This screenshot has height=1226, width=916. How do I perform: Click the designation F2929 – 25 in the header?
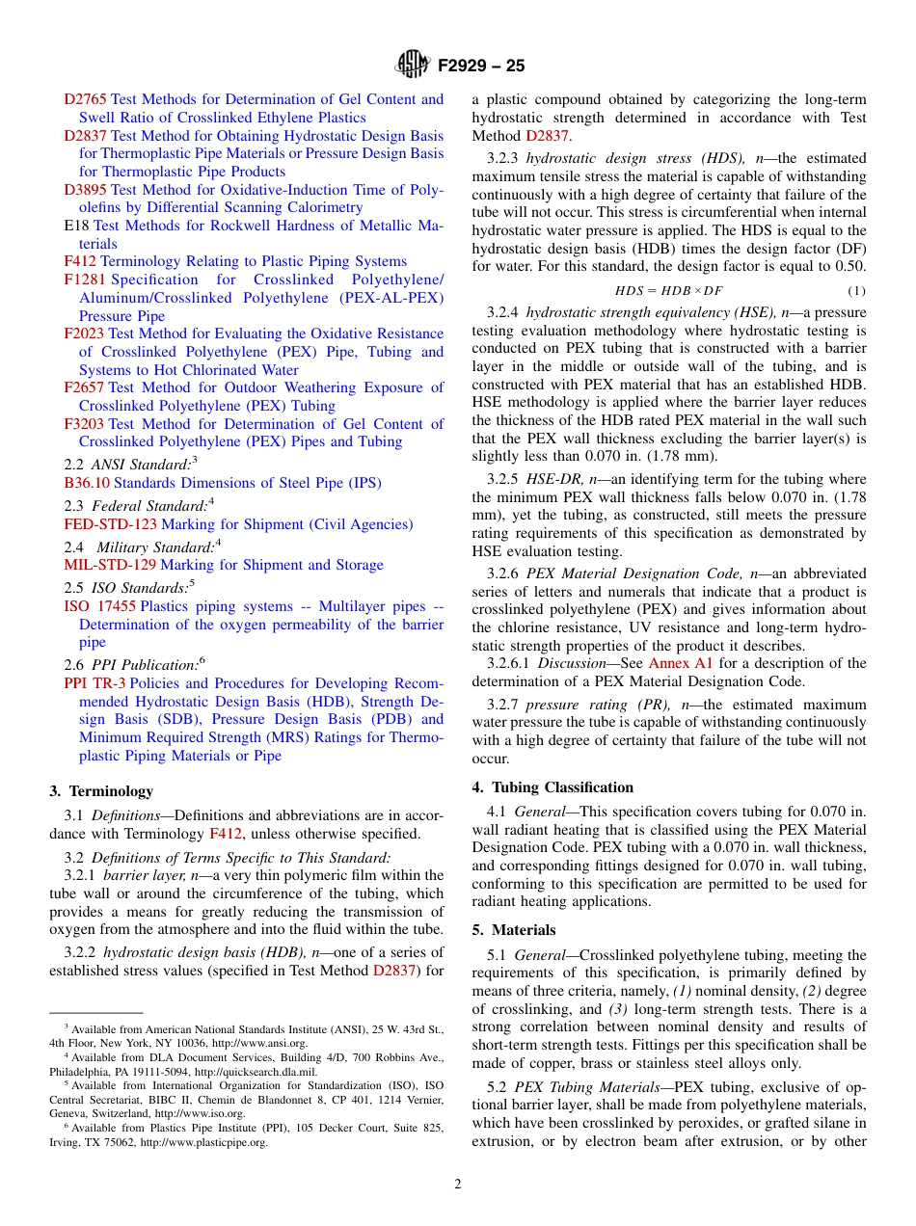click(x=481, y=67)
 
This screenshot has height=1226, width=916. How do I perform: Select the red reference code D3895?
click(x=86, y=190)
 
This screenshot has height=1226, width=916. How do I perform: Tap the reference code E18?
click(x=76, y=226)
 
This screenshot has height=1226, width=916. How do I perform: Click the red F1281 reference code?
click(x=85, y=280)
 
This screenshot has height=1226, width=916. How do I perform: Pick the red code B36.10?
click(x=87, y=483)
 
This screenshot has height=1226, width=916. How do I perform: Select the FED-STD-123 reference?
click(x=110, y=524)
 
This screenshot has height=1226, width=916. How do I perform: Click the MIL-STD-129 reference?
click(x=109, y=565)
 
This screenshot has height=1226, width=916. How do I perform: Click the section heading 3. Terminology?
click(x=101, y=791)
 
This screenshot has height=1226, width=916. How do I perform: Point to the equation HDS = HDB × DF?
click(x=668, y=290)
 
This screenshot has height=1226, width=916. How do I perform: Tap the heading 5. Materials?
click(x=514, y=930)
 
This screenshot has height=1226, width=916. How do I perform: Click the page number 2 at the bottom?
click(x=458, y=1185)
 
